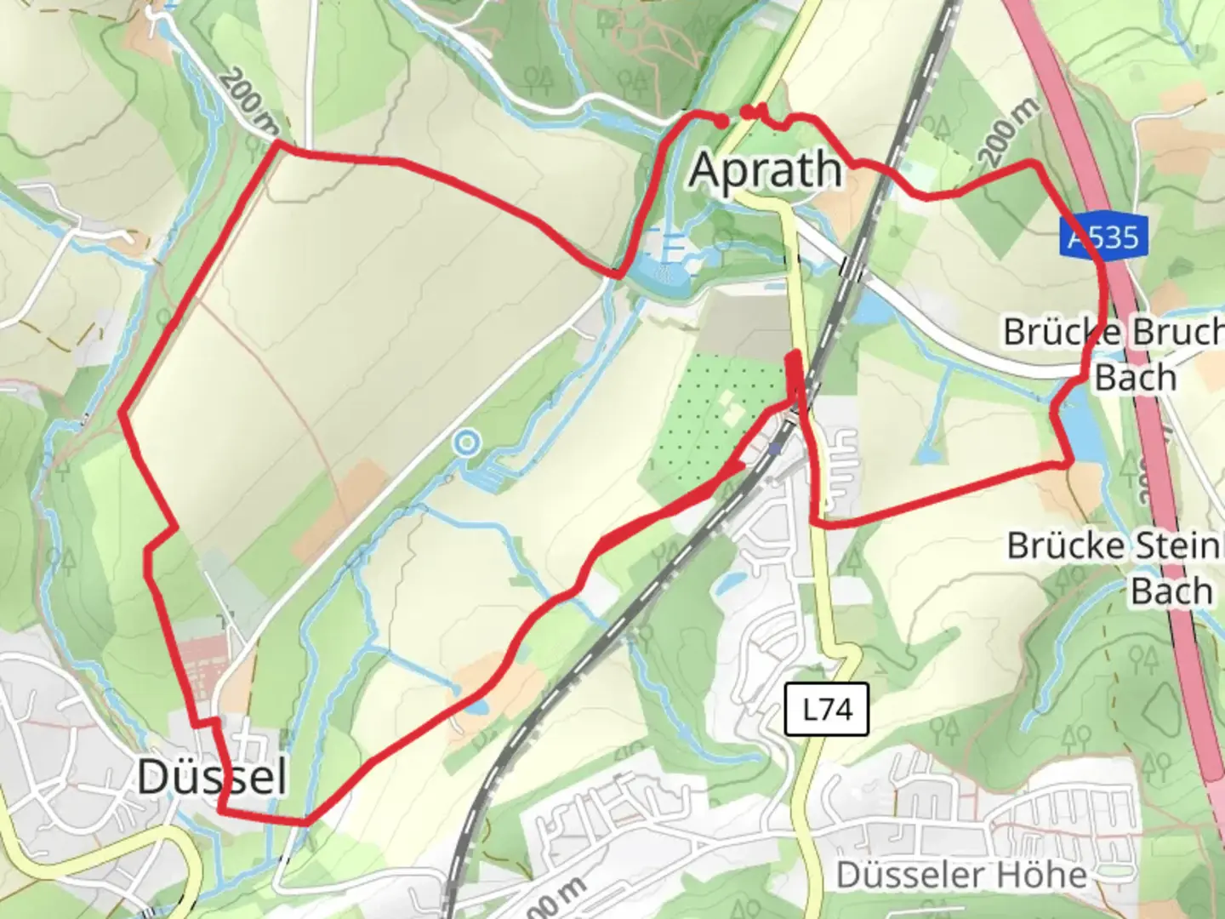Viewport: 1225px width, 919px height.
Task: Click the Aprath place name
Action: tap(766, 170)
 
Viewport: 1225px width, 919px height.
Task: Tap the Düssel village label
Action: tap(212, 776)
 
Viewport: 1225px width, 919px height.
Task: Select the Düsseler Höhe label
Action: tap(961, 875)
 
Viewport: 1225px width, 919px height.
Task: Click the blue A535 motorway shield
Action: tap(1105, 235)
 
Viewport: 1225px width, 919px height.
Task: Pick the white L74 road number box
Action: tap(827, 709)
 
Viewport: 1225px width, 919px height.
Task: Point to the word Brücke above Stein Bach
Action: tap(1060, 545)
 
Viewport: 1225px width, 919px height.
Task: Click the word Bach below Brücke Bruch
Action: tap(1135, 377)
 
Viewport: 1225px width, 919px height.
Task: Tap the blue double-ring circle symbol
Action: tap(467, 442)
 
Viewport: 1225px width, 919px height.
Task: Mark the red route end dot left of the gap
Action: tap(721, 123)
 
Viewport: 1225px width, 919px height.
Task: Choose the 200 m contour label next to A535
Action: tap(1009, 132)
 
